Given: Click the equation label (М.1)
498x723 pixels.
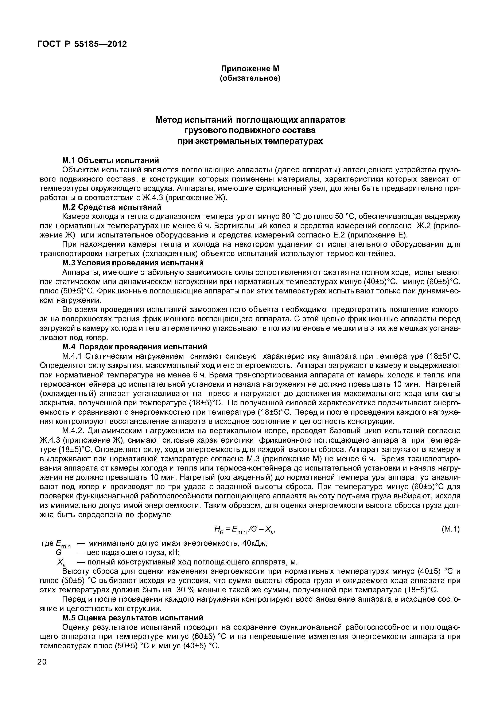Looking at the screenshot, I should click(451, 529).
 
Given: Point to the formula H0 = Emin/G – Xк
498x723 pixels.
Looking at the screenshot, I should click(245, 529).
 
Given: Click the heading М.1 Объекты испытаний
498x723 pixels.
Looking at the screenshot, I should click(110, 160).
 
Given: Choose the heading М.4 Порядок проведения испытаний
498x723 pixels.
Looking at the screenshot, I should click(135, 347).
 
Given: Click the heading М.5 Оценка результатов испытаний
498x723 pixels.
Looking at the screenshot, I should click(133, 618).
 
